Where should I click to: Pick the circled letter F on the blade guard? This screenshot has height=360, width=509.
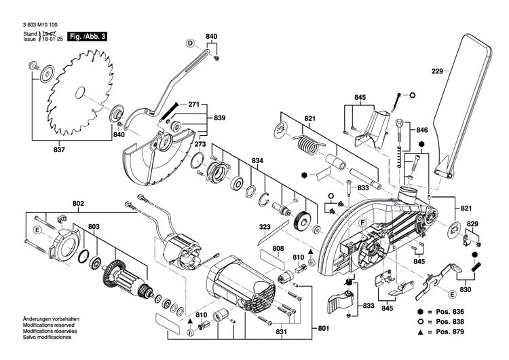[x=363, y=223]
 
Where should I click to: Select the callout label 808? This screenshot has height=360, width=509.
[x=279, y=249]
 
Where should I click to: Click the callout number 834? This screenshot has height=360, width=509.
[x=257, y=160]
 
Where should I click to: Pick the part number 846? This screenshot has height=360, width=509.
[x=422, y=130]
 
